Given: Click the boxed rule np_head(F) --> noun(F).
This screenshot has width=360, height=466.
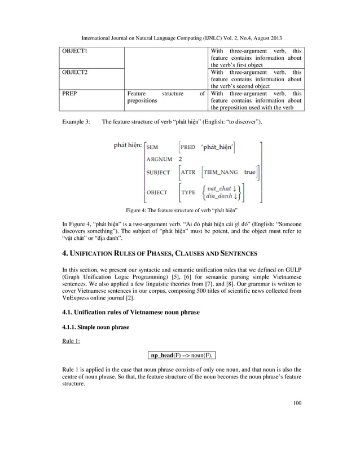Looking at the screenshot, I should (181, 356).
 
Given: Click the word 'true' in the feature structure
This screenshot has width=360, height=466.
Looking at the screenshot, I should (250, 172).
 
